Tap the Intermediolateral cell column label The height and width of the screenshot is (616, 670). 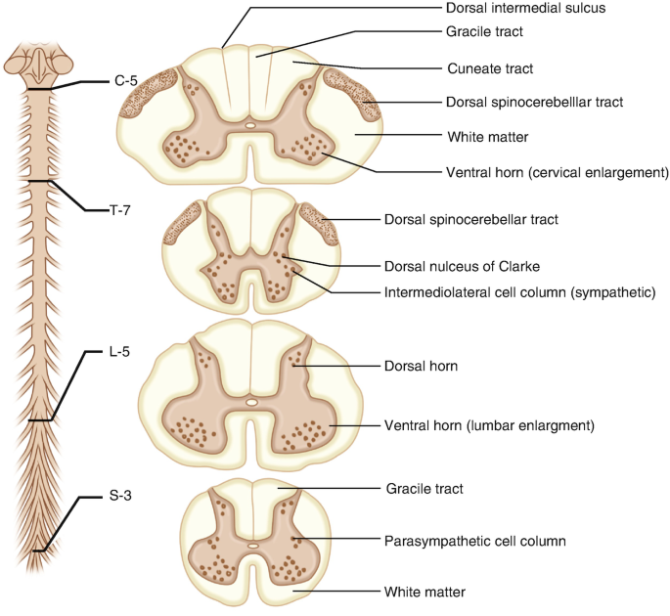coord(519,291)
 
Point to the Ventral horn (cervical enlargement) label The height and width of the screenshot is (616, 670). coord(557,172)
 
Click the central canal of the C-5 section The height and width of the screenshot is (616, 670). coord(250,125)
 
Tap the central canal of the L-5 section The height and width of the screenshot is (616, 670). coord(251,402)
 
